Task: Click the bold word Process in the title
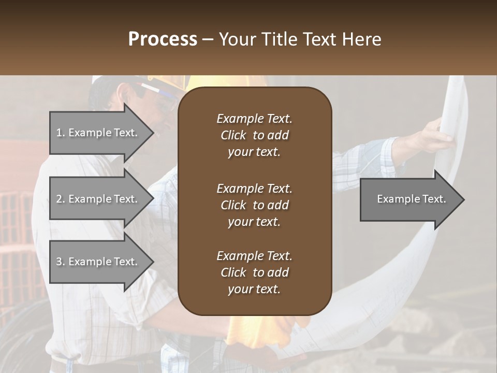(163, 39)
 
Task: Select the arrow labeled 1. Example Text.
(98, 133)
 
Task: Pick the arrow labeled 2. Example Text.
(98, 199)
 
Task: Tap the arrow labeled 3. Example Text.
(98, 262)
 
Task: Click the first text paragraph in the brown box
(254, 135)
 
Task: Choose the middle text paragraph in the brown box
(254, 205)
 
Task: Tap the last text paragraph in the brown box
(254, 272)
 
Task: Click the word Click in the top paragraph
(233, 135)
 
